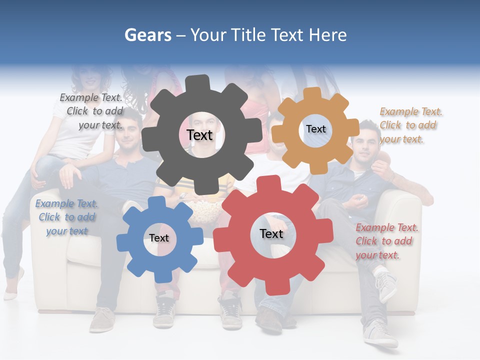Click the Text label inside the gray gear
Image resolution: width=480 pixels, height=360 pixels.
click(199, 135)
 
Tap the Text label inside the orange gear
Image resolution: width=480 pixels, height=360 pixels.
click(315, 129)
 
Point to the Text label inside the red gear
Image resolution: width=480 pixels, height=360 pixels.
click(271, 234)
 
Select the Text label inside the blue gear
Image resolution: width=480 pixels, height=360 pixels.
click(159, 238)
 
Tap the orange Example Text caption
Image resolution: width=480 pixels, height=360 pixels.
click(410, 125)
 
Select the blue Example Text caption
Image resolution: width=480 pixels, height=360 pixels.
click(67, 217)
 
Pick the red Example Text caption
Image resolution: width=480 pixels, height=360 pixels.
click(386, 241)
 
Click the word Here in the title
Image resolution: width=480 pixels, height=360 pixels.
click(327, 35)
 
